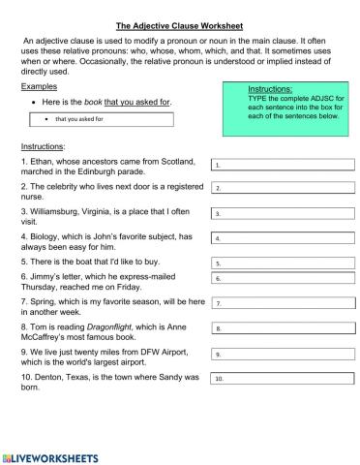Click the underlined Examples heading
pyautogui.click(x=38, y=86)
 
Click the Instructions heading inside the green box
pyautogui.click(x=270, y=88)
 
